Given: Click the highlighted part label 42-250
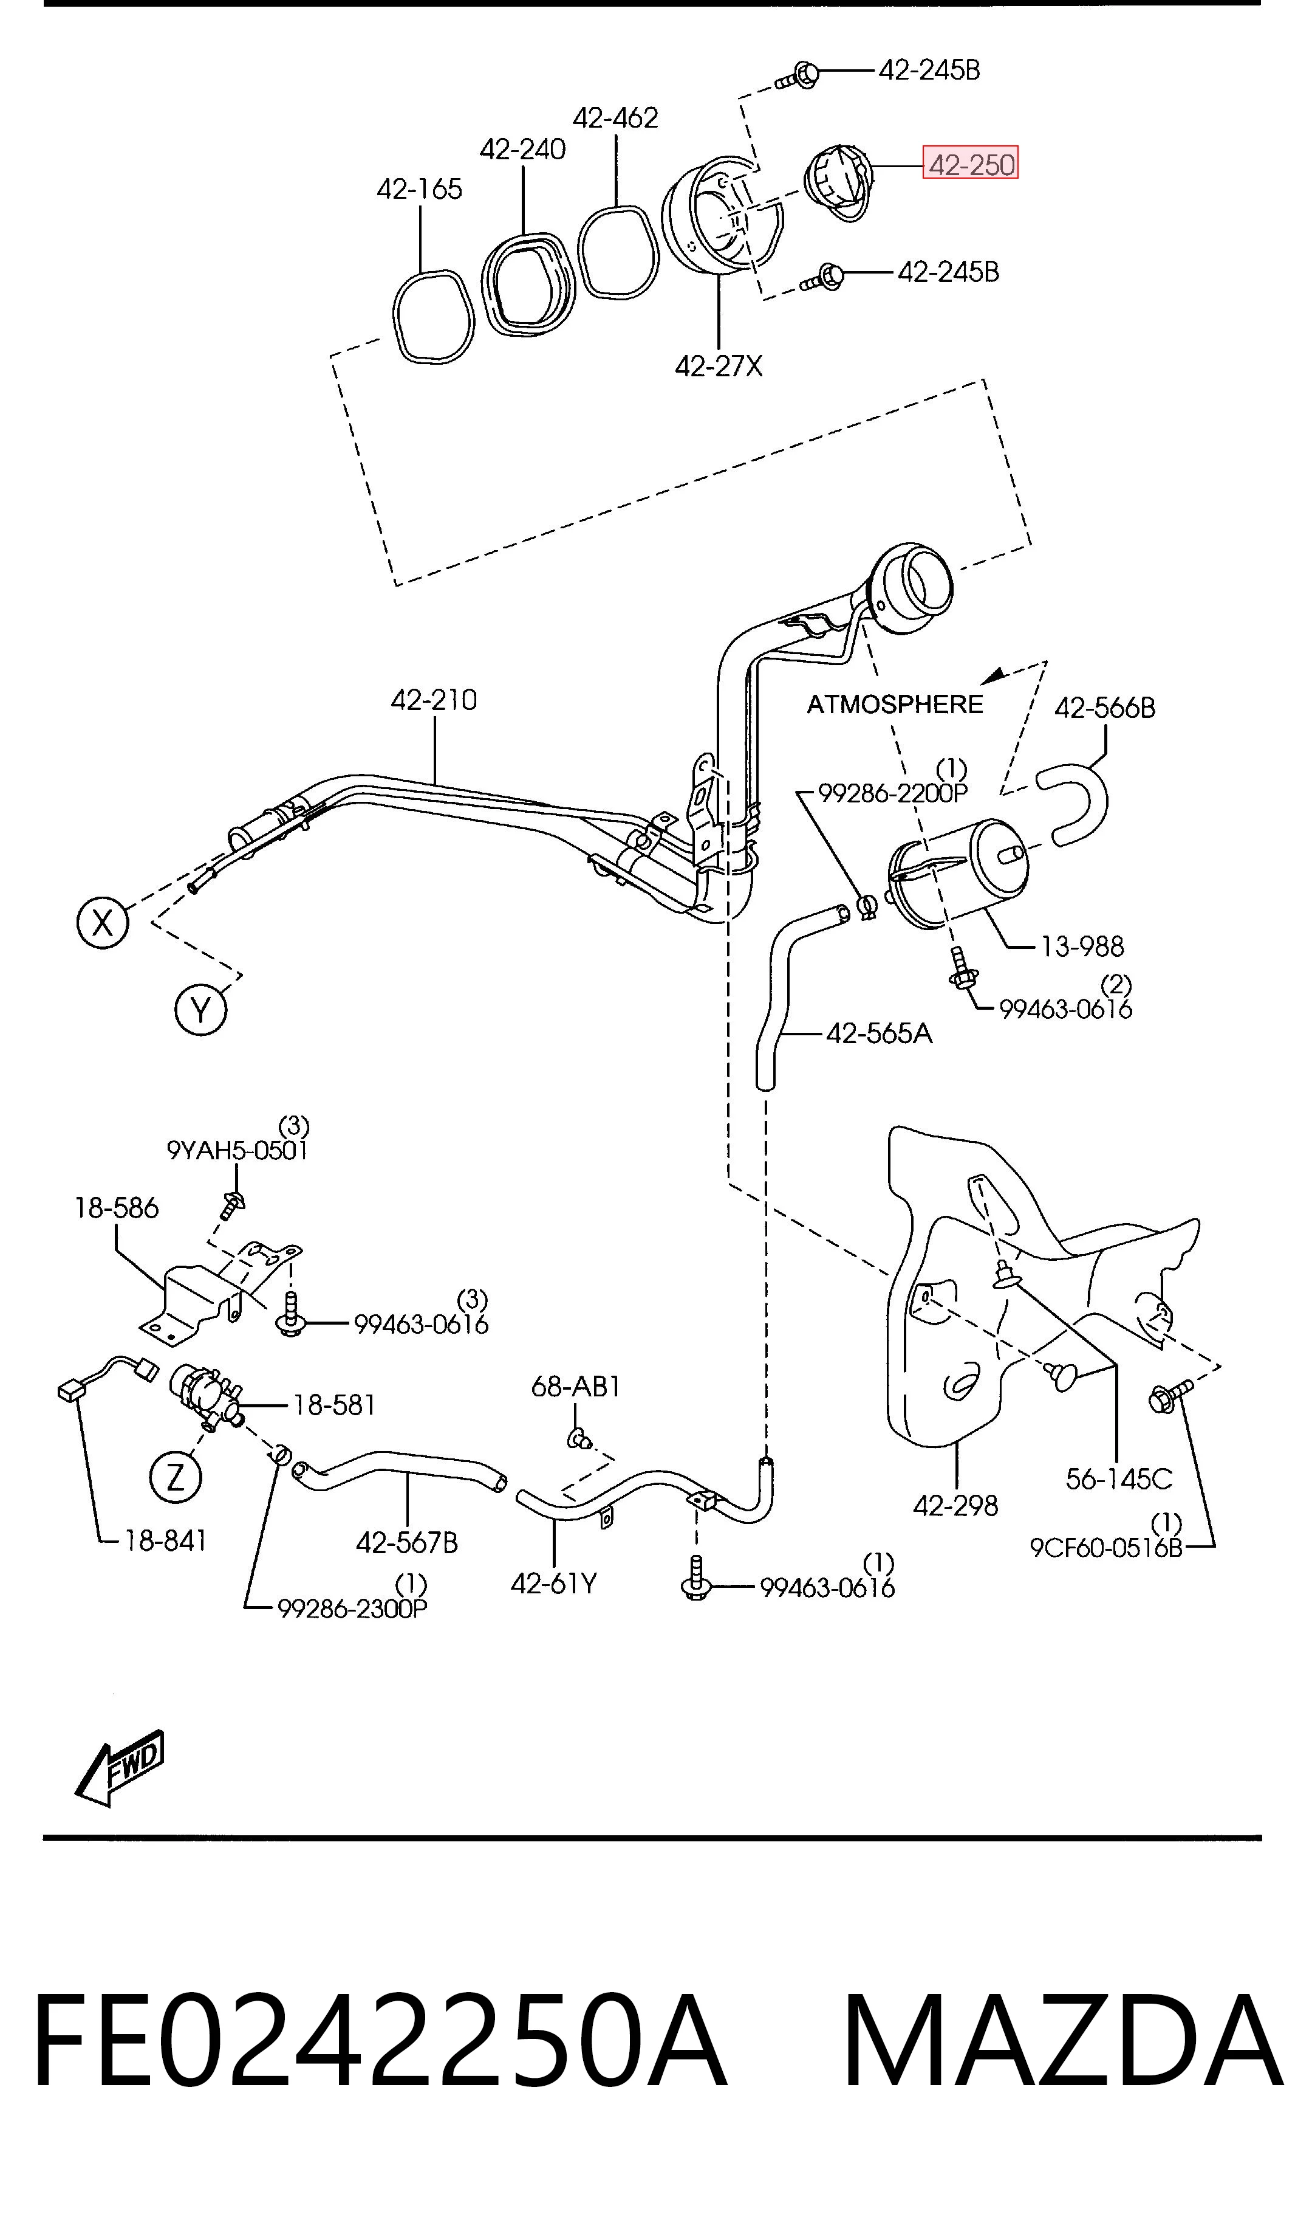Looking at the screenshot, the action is pos(970,163).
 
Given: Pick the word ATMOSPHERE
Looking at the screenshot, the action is pos(895,704).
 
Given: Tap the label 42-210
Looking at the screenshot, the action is pos(434,700).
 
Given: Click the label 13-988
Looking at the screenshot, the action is pos(1082,947).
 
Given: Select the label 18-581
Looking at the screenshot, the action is pos(334,1405).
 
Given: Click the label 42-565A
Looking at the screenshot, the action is pos(879,1033).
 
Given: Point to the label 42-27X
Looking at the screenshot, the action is pos(719,365).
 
